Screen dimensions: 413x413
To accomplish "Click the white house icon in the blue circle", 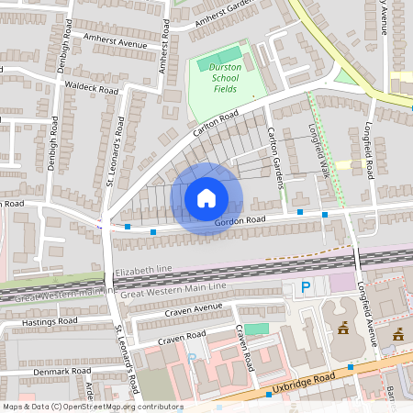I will coord(206,197).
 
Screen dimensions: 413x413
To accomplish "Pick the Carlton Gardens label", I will coord(272,152).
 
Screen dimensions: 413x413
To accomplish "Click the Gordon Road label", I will coord(240,221).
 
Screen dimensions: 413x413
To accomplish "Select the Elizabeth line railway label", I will coord(145,273).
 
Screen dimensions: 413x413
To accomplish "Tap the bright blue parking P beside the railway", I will coord(307,288).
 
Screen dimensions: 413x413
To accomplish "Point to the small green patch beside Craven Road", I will coord(257,329).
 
